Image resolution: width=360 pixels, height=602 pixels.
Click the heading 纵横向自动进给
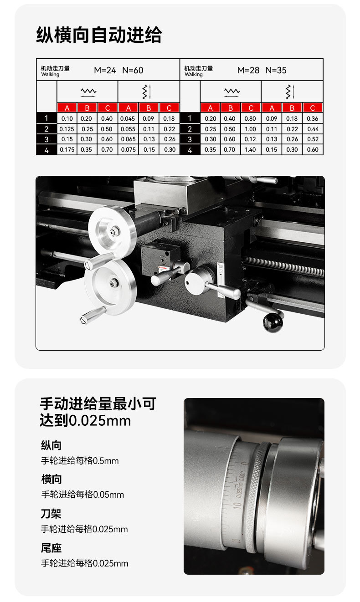tap(99, 35)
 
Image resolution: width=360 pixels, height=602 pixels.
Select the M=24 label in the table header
tap(105, 70)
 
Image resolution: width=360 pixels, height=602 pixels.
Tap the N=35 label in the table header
tap(276, 70)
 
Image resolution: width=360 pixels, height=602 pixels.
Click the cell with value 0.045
tap(128, 119)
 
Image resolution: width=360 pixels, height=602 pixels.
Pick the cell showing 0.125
tap(67, 129)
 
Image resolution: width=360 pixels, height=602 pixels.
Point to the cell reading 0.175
tap(67, 150)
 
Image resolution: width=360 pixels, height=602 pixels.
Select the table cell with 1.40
tap(251, 150)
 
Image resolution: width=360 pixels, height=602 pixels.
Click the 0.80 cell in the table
tap(251, 119)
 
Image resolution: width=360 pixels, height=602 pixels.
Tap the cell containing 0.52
tap(313, 139)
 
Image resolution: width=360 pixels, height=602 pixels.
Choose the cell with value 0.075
tap(128, 150)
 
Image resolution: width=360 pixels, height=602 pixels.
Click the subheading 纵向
tap(51, 445)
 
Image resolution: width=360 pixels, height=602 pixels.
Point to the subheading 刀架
tap(51, 514)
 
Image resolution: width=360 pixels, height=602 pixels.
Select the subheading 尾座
tap(51, 548)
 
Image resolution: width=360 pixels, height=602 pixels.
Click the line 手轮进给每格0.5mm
tap(80, 461)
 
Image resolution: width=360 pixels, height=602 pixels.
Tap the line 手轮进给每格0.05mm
tap(82, 495)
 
